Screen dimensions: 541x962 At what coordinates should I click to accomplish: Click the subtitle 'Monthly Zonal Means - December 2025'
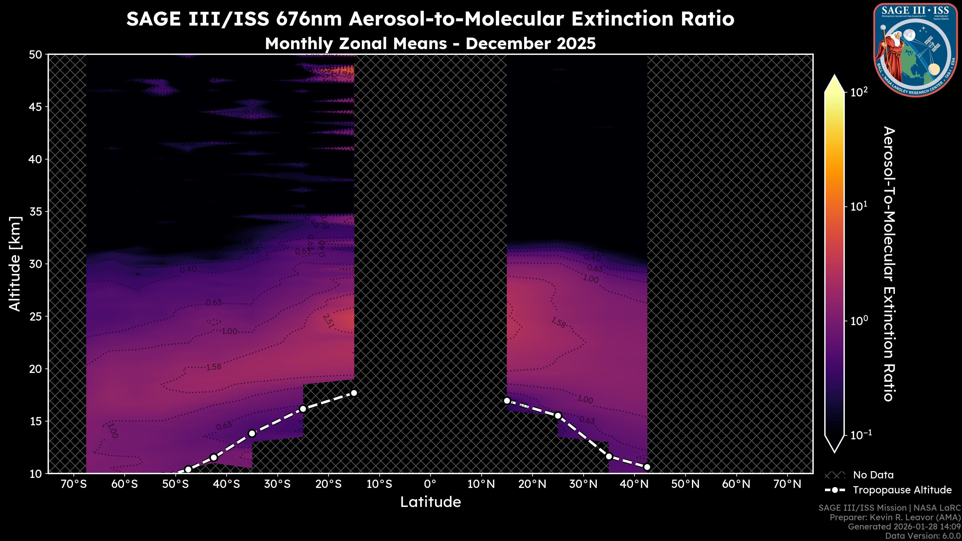430,44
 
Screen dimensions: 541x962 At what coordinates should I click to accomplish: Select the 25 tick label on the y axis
36,317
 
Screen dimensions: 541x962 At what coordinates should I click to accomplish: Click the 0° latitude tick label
430,484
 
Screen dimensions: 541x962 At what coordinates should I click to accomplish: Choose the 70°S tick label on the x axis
74,484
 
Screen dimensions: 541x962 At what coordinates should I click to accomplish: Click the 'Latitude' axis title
430,502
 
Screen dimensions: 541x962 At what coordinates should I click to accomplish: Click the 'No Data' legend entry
873,475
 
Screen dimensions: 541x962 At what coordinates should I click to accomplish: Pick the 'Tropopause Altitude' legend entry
902,490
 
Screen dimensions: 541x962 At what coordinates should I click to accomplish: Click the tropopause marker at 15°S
354,393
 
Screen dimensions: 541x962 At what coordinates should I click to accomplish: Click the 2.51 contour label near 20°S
328,321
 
